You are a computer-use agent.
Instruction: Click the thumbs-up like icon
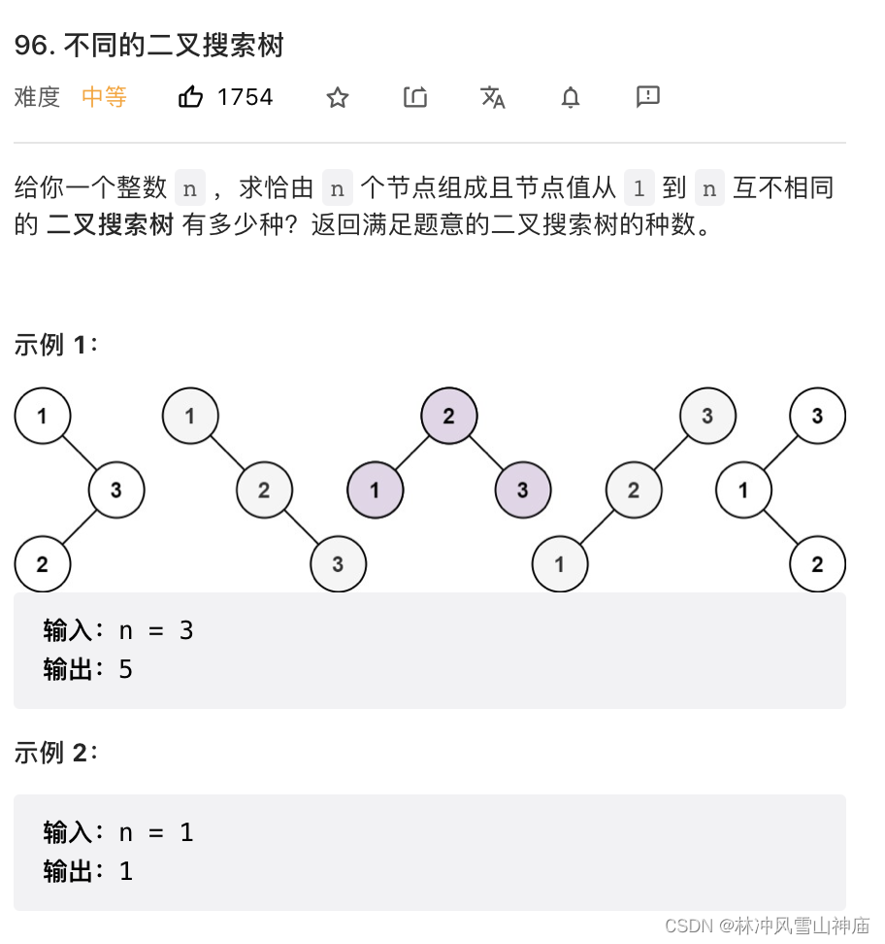click(x=191, y=97)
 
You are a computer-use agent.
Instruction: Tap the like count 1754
click(x=245, y=97)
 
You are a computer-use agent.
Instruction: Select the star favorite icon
click(x=337, y=97)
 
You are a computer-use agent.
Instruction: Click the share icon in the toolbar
click(x=415, y=97)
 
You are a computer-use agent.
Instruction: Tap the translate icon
click(x=493, y=97)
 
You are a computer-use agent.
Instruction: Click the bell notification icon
click(x=571, y=97)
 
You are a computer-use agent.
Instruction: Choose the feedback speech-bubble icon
click(x=647, y=96)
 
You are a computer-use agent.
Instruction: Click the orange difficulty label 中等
click(x=104, y=97)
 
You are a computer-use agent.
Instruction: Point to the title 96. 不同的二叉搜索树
click(x=148, y=46)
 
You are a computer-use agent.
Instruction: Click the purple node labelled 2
click(x=448, y=417)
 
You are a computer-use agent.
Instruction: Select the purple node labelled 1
click(x=375, y=489)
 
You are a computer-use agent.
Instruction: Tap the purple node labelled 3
click(x=522, y=489)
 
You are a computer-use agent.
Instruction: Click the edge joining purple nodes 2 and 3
click(x=485, y=454)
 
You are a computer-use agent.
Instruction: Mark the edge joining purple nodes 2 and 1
click(x=411, y=454)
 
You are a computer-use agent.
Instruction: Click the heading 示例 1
click(x=55, y=345)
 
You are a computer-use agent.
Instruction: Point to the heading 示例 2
click(x=55, y=753)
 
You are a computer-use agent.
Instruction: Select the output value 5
click(x=125, y=669)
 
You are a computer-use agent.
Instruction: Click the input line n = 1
click(x=155, y=832)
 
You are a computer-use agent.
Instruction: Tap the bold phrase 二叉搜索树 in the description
click(x=110, y=224)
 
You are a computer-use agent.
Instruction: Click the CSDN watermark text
click(x=767, y=926)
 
